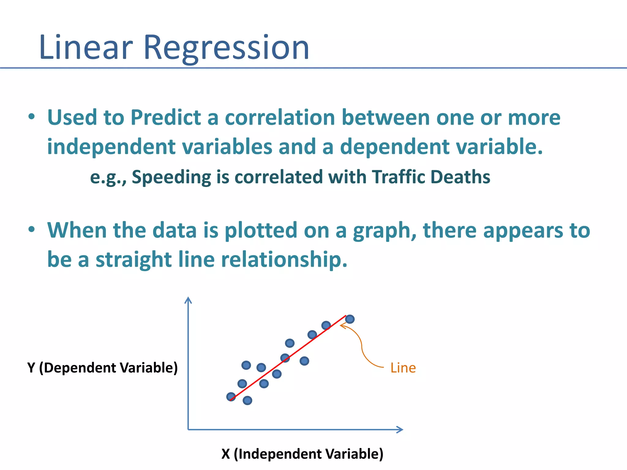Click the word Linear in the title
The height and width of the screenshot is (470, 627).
[x=86, y=48]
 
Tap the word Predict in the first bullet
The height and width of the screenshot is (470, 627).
[x=166, y=117]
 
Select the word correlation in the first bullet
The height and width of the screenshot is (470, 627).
[x=280, y=117]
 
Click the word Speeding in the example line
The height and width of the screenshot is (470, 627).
[x=171, y=177]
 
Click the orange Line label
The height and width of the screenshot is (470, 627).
[x=403, y=368]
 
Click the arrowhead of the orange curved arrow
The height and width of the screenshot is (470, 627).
[x=342, y=326]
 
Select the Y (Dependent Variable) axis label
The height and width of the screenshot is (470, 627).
[x=102, y=367]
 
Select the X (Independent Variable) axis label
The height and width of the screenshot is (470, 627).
[x=302, y=454]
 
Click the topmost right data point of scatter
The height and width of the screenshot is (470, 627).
[x=350, y=319]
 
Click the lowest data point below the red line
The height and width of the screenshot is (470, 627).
[x=247, y=400]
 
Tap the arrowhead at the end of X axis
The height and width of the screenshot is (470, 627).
[x=400, y=430]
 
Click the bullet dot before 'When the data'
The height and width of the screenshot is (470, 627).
[x=32, y=230]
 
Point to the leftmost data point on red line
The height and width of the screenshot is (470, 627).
[x=231, y=397]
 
